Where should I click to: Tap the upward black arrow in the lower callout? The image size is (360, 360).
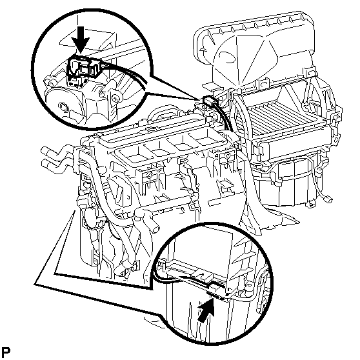[x=206, y=310]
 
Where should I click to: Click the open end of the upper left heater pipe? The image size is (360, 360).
[x=44, y=150]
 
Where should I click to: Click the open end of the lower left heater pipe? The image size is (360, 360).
[x=45, y=163]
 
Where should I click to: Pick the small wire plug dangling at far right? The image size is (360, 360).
[x=328, y=199]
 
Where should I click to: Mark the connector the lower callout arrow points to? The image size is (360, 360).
[x=216, y=295]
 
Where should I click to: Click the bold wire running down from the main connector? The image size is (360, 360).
[x=224, y=116]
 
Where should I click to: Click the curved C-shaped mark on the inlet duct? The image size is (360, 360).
[x=227, y=57]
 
